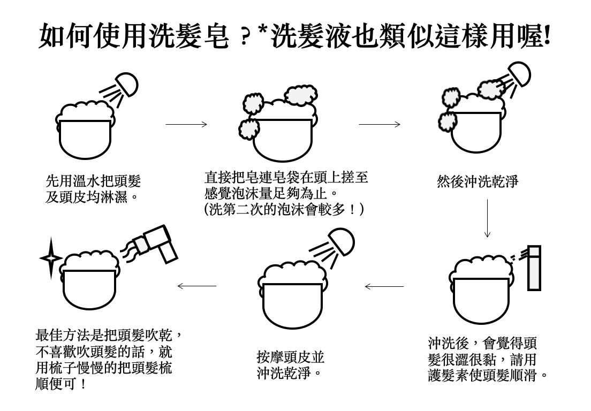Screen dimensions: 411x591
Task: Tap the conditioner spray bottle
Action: click(534, 268)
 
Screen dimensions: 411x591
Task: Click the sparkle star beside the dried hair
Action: click(50, 258)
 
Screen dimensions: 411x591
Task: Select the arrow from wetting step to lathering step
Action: click(186, 125)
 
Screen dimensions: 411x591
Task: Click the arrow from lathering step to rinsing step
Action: click(380, 125)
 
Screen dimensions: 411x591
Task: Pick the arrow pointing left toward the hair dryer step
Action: click(196, 286)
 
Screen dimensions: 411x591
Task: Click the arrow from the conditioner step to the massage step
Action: click(384, 286)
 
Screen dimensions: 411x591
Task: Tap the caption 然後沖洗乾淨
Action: click(478, 181)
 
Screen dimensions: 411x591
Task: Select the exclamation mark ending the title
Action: click(546, 37)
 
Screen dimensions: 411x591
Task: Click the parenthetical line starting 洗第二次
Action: click(284, 209)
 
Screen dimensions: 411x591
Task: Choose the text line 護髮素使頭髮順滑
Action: click(488, 374)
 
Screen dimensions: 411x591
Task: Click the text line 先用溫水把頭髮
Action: click(93, 181)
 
